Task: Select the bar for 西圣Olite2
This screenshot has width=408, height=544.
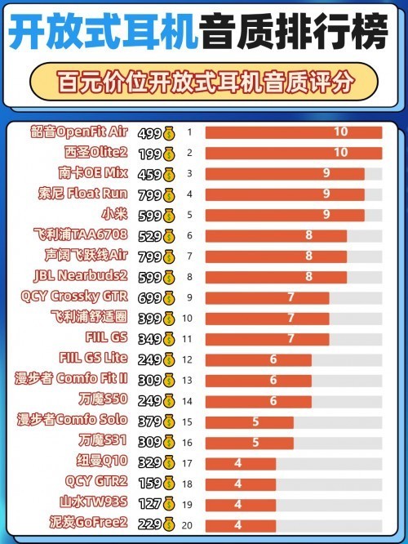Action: tap(293, 153)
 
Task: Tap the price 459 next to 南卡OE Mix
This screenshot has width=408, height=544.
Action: tap(149, 173)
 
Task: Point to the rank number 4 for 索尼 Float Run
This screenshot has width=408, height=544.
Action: tap(189, 194)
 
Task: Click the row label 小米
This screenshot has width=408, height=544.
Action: tap(113, 214)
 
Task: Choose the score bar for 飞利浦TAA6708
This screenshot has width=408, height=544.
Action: tap(276, 235)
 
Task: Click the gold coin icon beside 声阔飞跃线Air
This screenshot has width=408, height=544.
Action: tap(170, 256)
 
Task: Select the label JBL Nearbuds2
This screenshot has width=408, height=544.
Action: tap(82, 276)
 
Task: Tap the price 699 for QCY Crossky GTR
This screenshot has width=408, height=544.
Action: tap(149, 297)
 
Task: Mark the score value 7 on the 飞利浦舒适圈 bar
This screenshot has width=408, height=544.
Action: tap(290, 318)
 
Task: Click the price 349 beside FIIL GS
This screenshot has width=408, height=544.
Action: tap(149, 338)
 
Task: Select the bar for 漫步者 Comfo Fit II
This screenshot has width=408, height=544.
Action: tap(258, 380)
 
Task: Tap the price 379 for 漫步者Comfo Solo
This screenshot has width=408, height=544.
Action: tap(149, 421)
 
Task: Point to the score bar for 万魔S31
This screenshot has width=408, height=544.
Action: tap(249, 442)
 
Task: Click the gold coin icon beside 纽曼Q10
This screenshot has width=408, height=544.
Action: tap(170, 462)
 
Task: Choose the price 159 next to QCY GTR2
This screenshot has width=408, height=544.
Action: tap(149, 483)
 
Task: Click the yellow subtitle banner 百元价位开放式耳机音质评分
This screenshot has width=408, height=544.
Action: tap(204, 82)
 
